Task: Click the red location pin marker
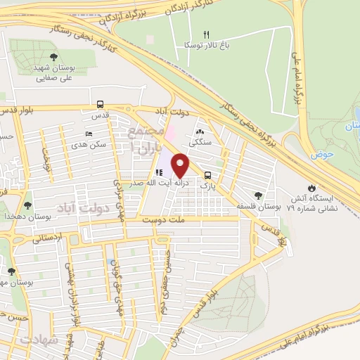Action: coord(181,165)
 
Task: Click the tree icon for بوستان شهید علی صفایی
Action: coord(54,58)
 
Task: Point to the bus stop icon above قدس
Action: coord(100,104)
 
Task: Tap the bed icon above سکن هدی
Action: coord(89,133)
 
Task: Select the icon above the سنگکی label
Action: coord(200,132)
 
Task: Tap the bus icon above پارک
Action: coord(207,175)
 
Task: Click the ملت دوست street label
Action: coord(161,220)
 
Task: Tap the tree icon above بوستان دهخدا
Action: coord(27,205)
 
